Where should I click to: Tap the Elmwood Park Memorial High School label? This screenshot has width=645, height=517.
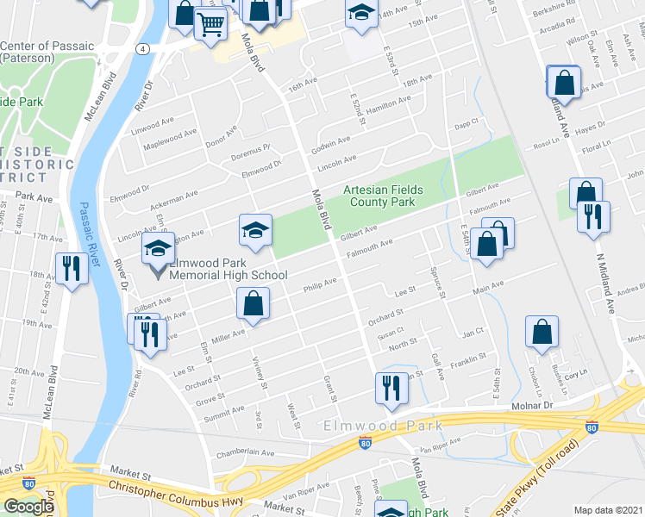point(228,269)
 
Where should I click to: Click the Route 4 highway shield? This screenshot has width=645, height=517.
point(139,48)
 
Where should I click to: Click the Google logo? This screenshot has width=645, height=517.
point(28,507)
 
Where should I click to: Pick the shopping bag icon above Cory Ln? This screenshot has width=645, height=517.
point(542,332)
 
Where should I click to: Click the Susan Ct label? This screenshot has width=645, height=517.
point(391,332)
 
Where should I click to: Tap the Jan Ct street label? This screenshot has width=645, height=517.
point(473,332)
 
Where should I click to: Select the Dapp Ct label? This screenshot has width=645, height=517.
point(467,124)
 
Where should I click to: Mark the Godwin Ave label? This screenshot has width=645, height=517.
point(331,140)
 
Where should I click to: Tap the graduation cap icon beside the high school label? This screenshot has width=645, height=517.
point(157,250)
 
